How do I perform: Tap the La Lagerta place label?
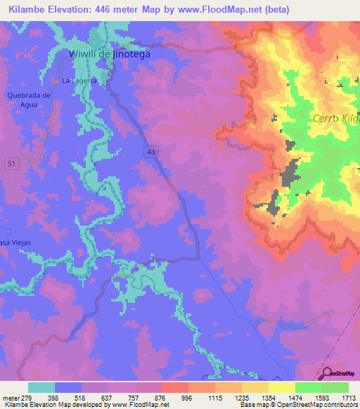coord(78,81)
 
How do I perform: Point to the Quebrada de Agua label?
coord(28,100)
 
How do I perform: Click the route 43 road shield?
coord(152,150)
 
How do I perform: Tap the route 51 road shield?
coord(11,163)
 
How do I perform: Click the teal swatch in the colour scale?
coord(41,387)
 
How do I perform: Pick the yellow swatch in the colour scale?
coord(281,387)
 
